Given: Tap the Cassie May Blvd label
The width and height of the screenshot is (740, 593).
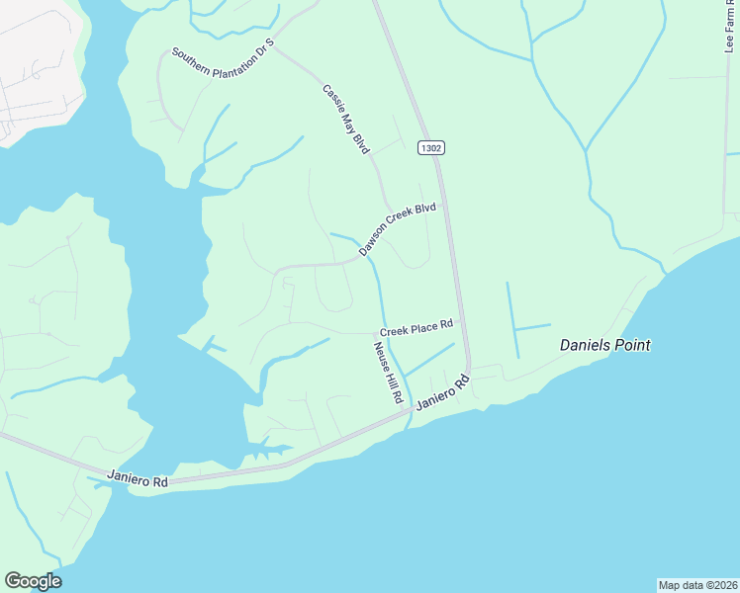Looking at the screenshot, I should point(345,119).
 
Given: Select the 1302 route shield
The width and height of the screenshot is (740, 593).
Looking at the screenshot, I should point(430,147).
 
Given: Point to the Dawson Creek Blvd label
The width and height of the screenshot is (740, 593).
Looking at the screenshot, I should point(398,229).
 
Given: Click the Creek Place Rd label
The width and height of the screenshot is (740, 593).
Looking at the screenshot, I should point(416,325).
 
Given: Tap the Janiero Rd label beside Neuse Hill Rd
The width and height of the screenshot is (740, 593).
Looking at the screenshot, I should point(441,392).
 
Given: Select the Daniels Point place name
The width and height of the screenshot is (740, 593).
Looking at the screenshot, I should point(604,346).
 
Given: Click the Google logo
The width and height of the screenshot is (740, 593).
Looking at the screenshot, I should point(33,581).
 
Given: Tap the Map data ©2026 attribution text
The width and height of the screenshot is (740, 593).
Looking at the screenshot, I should point(697,584).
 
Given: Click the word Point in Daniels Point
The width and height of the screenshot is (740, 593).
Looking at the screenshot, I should point(630,346).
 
